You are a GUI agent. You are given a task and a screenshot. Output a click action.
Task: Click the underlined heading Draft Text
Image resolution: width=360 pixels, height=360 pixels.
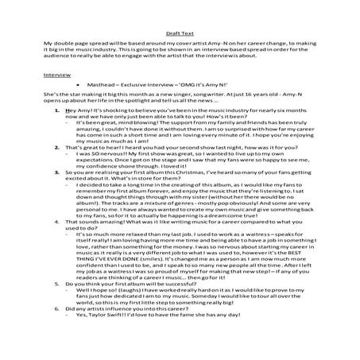click(x=179, y=25)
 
